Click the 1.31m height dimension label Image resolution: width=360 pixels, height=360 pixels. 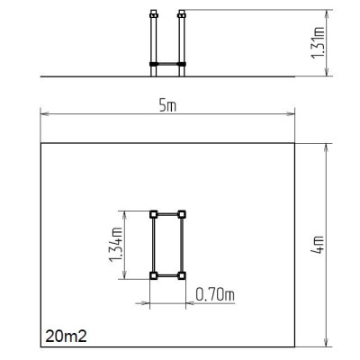coord(318,43)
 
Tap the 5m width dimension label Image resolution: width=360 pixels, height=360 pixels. coord(167,106)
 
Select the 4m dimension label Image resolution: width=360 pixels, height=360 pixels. coord(318,245)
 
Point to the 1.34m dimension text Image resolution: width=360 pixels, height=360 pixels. coord(116,245)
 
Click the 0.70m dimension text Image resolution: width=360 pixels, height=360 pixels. coord(215,294)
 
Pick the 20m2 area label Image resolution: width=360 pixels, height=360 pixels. coord(66,337)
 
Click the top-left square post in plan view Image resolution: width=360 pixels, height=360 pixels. coord(154,214)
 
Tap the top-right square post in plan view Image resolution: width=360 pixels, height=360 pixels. coord(182,214)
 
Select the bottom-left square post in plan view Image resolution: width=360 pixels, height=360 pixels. coord(154,275)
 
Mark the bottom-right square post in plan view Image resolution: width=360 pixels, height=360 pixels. coord(182,275)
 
